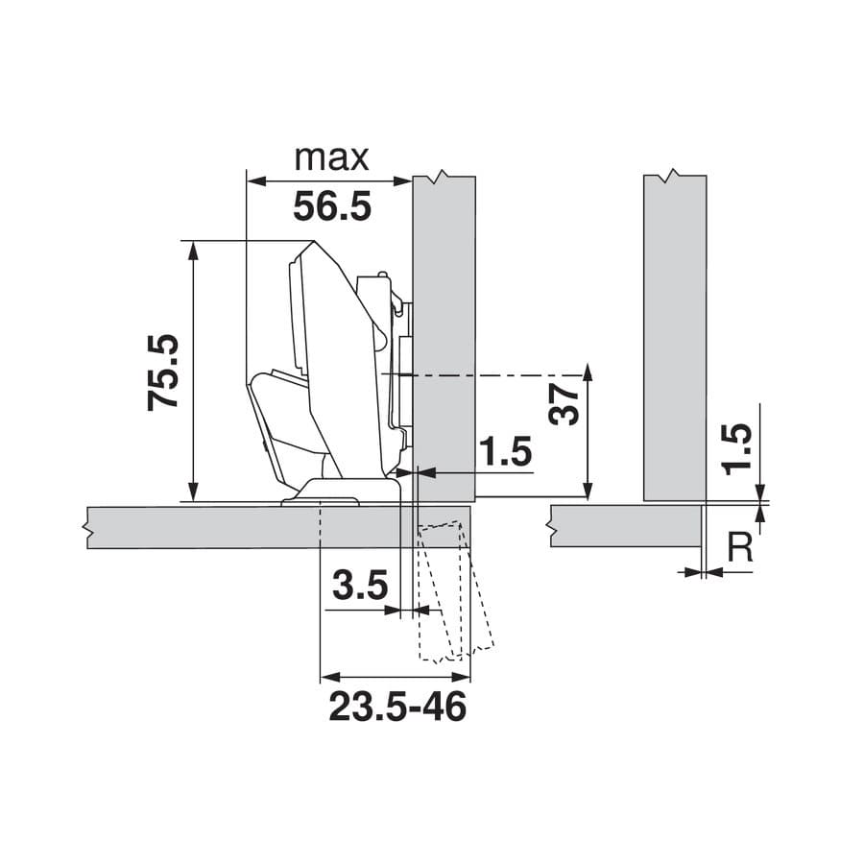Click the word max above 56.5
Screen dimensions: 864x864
pos(331,158)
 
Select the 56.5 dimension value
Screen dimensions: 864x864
pos(332,206)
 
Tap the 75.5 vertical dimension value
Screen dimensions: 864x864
pos(163,372)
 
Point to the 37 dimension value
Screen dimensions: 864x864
pos(564,405)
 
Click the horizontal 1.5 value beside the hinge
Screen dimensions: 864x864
pos(506,451)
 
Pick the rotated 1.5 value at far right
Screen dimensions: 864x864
pos(738,449)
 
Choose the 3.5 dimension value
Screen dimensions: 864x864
pos(360,586)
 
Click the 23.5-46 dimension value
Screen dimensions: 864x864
pos(397,707)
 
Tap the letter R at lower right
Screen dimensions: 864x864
pos(740,546)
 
